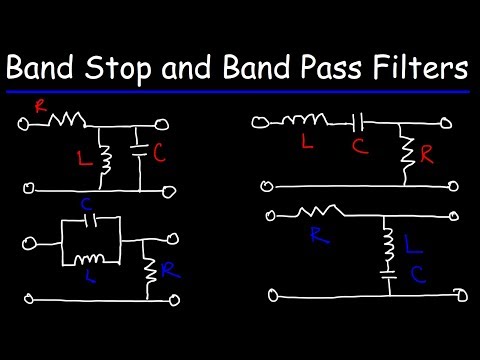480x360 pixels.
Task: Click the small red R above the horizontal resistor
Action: (x=39, y=103)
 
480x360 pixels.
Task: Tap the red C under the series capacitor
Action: (x=360, y=146)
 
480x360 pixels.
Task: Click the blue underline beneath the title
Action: (x=239, y=91)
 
